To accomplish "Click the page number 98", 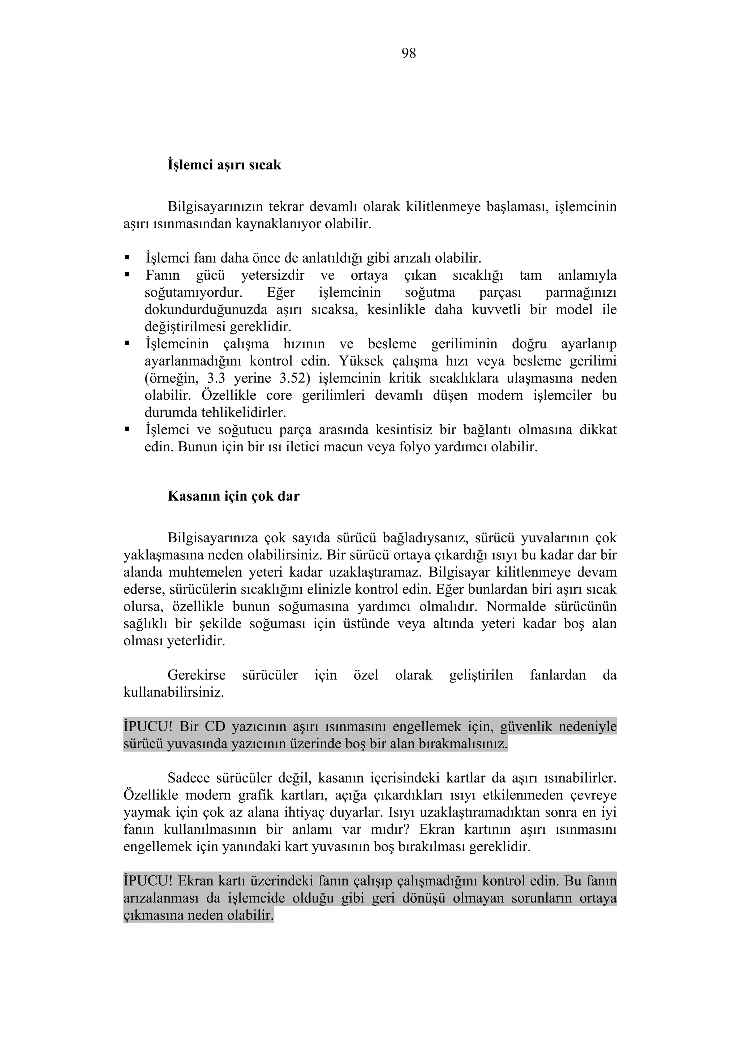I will [409, 54].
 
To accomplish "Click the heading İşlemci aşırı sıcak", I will [224, 165].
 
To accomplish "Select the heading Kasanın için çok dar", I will [233, 496].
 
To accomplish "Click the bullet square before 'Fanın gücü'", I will [127, 275].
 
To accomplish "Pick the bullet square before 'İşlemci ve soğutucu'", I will [127, 430].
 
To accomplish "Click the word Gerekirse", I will [197, 675].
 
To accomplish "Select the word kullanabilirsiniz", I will [174, 692].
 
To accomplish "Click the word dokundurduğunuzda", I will [206, 310].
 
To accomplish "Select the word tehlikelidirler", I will [215, 413].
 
